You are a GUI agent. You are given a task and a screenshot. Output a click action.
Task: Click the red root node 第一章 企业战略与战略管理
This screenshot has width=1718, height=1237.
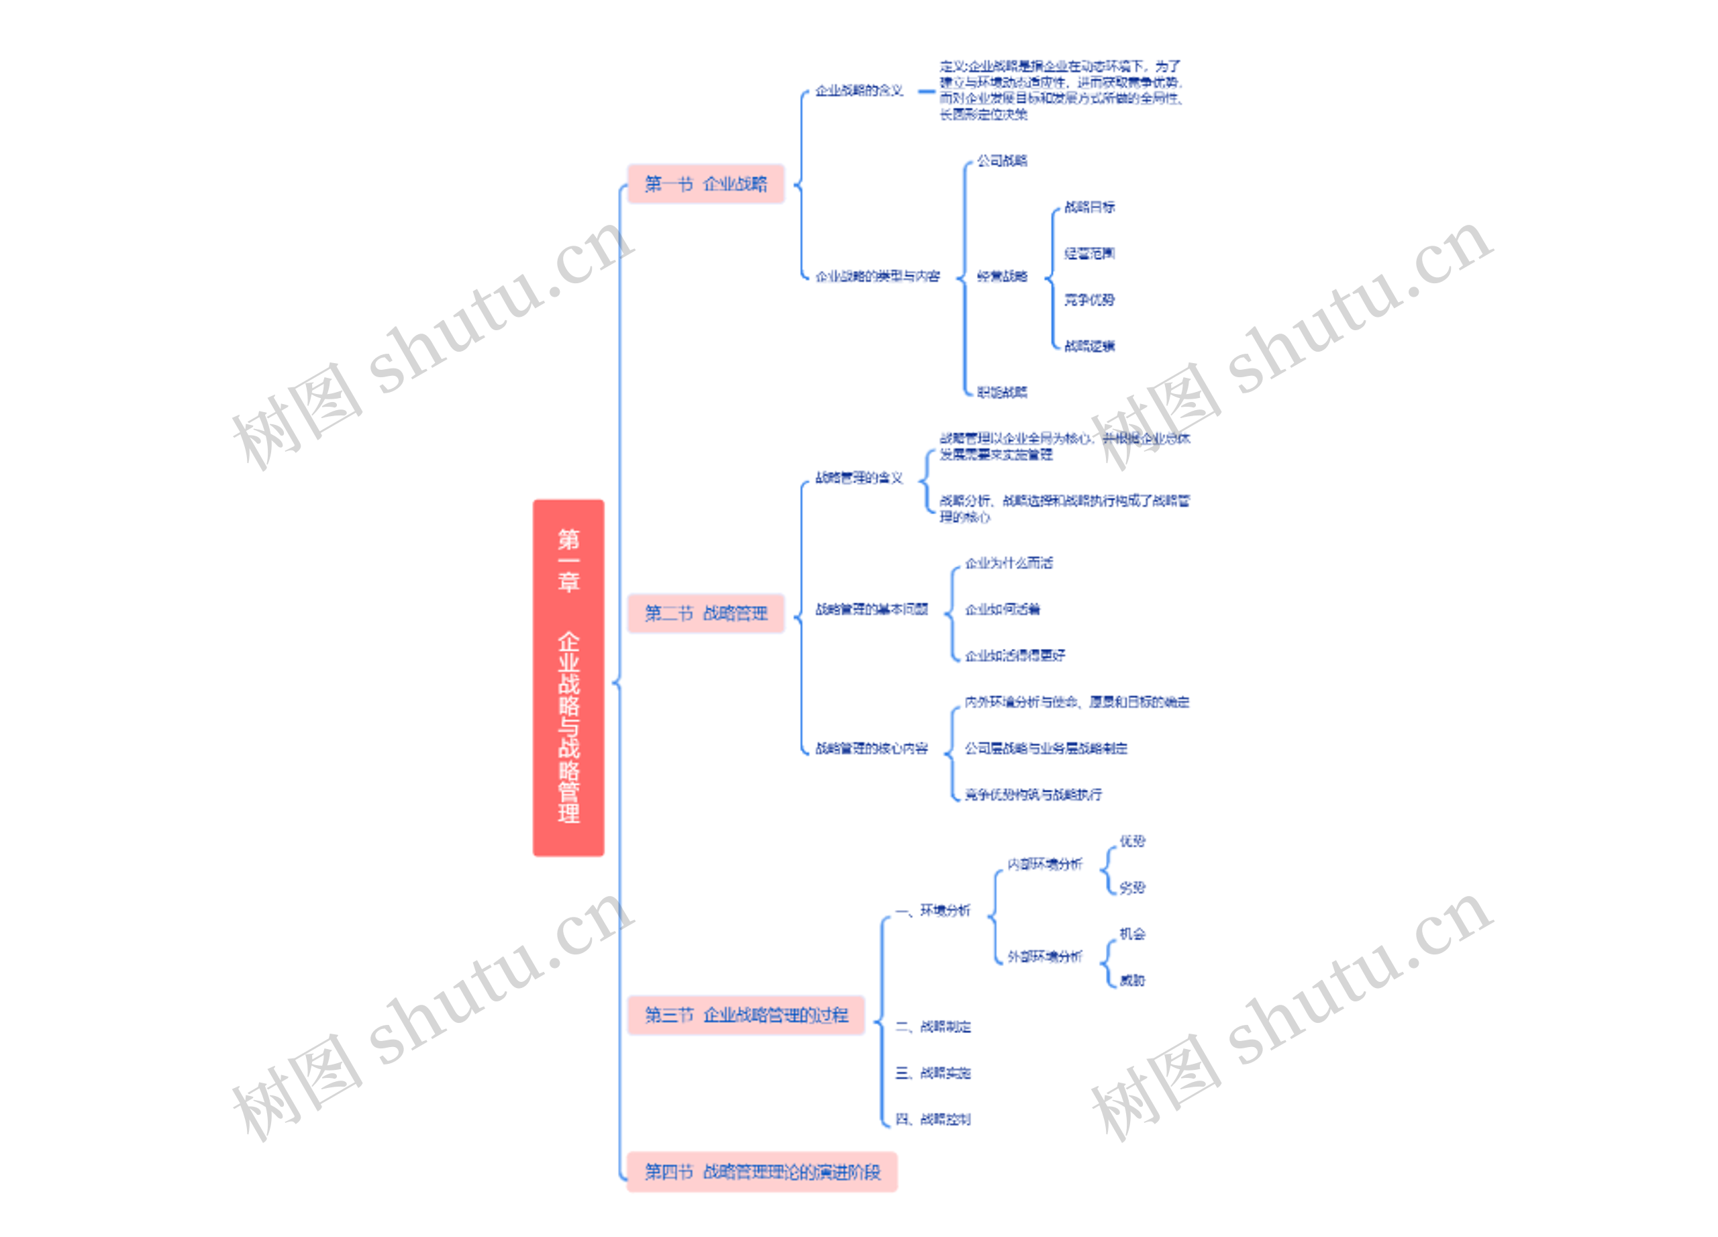[568, 677]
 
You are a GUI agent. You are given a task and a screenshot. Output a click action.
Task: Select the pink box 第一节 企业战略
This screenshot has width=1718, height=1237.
[705, 184]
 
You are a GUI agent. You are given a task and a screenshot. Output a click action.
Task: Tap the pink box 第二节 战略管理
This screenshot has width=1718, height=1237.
[705, 613]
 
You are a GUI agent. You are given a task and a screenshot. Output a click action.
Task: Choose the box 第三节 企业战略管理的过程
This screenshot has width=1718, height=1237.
[746, 1015]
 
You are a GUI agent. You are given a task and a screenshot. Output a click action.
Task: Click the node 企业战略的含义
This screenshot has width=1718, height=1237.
[859, 91]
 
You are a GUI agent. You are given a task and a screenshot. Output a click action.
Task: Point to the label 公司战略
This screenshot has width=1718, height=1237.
[1001, 160]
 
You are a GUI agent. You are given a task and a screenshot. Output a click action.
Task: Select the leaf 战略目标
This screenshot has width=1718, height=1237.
[1089, 207]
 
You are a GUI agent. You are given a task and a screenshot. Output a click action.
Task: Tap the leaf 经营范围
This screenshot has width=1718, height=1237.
[1089, 253]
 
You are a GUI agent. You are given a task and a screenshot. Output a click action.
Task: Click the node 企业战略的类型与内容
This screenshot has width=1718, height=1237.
[877, 277]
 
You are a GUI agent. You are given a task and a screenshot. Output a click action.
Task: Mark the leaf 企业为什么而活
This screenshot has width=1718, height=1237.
[1008, 563]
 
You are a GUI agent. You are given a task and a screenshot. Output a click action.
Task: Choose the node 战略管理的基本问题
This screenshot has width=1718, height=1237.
[871, 609]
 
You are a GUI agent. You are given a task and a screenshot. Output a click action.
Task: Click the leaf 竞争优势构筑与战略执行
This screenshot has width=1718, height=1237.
[1033, 795]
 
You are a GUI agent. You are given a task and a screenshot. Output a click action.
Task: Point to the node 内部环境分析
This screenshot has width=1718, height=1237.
[1045, 864]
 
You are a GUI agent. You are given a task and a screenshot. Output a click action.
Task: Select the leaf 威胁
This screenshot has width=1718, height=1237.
[1132, 980]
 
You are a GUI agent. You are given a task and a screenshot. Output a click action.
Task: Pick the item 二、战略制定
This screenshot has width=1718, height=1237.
[932, 1026]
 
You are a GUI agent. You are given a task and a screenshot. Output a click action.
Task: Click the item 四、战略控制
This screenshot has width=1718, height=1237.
[932, 1119]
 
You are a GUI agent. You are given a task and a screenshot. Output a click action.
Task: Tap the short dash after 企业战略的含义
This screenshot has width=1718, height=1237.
[925, 92]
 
